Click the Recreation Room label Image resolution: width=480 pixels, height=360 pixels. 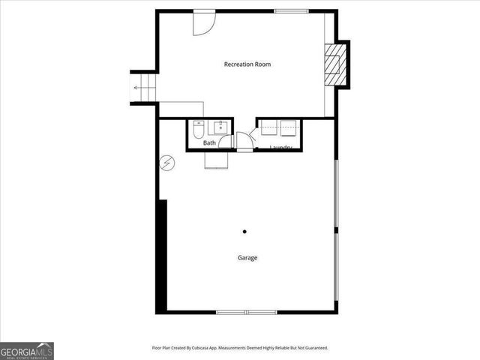click(247, 64)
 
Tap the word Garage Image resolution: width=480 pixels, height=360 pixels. click(247, 258)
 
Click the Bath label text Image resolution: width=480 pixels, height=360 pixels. click(209, 142)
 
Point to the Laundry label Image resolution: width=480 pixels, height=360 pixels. click(280, 147)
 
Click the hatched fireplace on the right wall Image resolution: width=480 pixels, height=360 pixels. click(334, 64)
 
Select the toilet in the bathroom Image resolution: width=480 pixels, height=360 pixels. click(198, 131)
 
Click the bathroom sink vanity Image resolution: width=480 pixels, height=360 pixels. click(221, 127)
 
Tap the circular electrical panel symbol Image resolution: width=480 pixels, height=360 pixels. click(166, 162)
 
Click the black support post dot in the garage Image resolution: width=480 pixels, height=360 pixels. click(244, 232)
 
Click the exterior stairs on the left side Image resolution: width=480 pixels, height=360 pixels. click(142, 88)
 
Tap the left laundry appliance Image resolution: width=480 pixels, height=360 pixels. click(269, 129)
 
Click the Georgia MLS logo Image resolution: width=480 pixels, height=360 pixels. click(27, 350)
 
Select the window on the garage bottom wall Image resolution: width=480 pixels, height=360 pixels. click(246, 311)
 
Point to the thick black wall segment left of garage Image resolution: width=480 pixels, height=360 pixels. click(160, 255)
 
